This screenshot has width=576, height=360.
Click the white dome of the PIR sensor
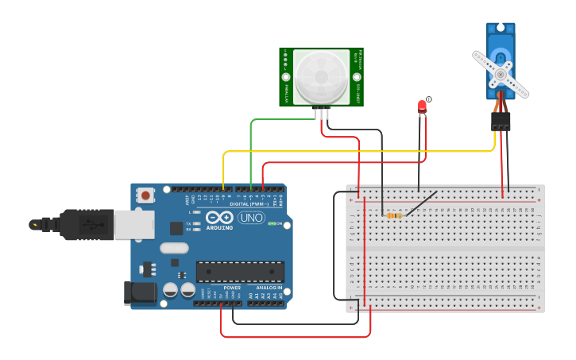pyautogui.click(x=321, y=76)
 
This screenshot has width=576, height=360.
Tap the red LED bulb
pyautogui.click(x=422, y=106)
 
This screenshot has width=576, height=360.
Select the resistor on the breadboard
pyautogui.click(x=393, y=215)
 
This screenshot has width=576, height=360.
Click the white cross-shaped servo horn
pyautogui.click(x=501, y=75)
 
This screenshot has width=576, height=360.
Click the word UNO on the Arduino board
pyautogui.click(x=251, y=218)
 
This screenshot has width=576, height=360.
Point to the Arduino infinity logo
pyautogui.click(x=218, y=217)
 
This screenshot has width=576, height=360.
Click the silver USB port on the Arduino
pyautogui.click(x=133, y=225)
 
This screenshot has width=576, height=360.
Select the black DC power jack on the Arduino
pyautogui.click(x=140, y=292)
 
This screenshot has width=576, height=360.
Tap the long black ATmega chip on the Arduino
pyautogui.click(x=240, y=271)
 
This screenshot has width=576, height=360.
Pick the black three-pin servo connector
pyautogui.click(x=501, y=121)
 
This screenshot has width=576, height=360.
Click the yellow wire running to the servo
pyautogui.click(x=358, y=151)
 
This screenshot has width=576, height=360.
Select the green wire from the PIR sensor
pyautogui.click(x=251, y=151)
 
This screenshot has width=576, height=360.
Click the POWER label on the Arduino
pyautogui.click(x=231, y=288)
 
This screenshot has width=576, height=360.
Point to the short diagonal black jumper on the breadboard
pyautogui.click(x=421, y=203)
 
